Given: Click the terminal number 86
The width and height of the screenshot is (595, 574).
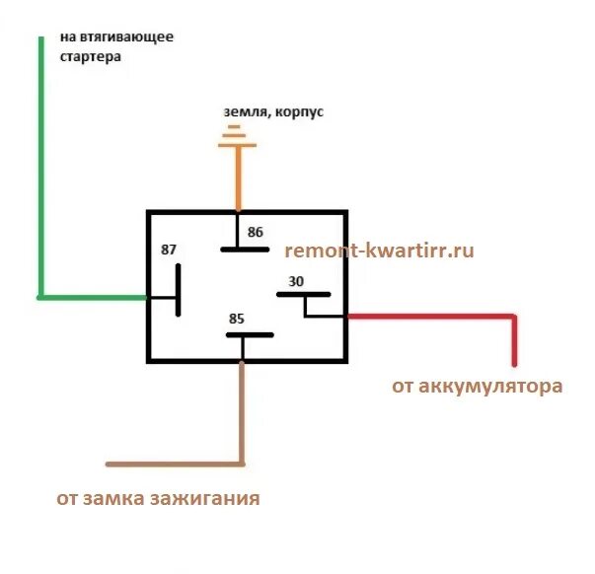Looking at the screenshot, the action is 256,233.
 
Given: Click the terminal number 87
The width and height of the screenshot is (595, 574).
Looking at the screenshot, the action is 169,250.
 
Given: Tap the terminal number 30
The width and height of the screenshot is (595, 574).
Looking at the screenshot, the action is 296,282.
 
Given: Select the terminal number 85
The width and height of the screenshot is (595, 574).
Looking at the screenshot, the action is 236,319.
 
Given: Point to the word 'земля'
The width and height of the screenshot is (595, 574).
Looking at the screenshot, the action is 244,112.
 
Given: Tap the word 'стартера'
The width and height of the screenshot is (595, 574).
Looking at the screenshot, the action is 91,57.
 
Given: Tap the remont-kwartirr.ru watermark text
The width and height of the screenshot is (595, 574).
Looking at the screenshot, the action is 379,251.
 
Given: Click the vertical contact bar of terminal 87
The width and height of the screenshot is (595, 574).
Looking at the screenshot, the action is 179,289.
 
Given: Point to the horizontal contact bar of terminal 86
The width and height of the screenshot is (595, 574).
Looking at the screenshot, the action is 245,249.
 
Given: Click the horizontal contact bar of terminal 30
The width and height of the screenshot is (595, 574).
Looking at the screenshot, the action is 306,295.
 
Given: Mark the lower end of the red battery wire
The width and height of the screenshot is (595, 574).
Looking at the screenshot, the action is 514,363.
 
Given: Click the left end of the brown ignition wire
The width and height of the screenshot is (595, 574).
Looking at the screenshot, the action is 109,464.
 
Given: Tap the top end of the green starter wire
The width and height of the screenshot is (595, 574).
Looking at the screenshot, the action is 41,38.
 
